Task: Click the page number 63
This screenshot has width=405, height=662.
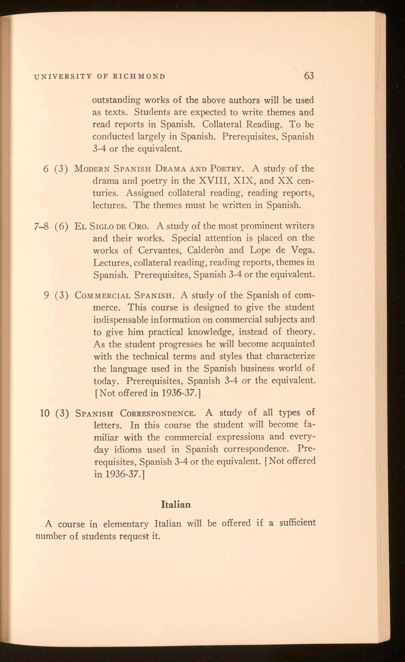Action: click(x=309, y=76)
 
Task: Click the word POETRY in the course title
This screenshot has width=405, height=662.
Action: click(x=227, y=169)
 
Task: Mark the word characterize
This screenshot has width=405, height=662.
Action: click(x=291, y=356)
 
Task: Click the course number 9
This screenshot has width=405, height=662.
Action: click(x=46, y=295)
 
